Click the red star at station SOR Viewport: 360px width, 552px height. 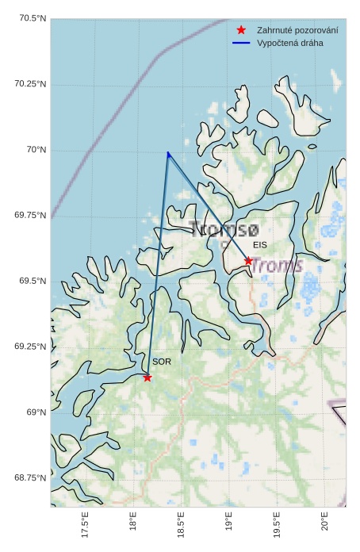pyautogui.click(x=147, y=378)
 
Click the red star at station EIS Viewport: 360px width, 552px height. pyautogui.click(x=248, y=261)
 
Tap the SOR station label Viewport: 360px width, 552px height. pyautogui.click(x=162, y=362)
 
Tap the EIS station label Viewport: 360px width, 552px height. pyautogui.click(x=260, y=245)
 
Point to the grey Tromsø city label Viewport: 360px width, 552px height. pyautogui.click(x=224, y=230)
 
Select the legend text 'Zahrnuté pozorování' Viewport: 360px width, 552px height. pyautogui.click(x=297, y=30)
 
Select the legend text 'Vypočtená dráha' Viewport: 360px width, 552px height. pyautogui.click(x=290, y=43)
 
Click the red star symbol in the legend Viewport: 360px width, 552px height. pyautogui.click(x=241, y=30)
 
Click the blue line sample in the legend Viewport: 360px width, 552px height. pyautogui.click(x=241, y=43)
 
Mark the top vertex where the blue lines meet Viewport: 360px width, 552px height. pyautogui.click(x=168, y=153)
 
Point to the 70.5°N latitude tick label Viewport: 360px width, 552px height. pyautogui.click(x=30, y=18)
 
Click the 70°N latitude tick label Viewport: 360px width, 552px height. pyautogui.click(x=36, y=150)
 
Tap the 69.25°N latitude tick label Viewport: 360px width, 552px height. pyautogui.click(x=30, y=347)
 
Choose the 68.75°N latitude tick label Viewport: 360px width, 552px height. pyautogui.click(x=30, y=477)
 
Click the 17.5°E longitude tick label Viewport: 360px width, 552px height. pyautogui.click(x=85, y=526)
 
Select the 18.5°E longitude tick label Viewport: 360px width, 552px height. pyautogui.click(x=181, y=526)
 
